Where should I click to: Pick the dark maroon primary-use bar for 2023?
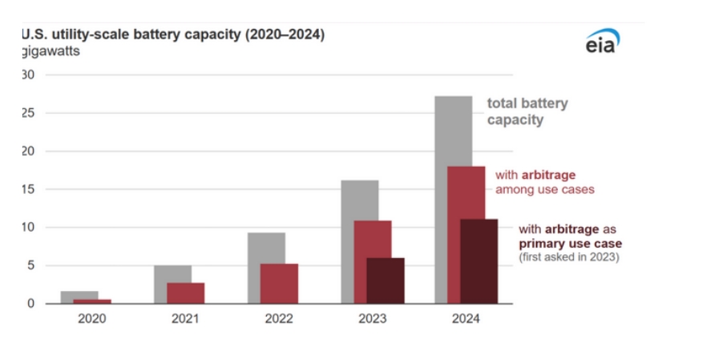click(x=386, y=281)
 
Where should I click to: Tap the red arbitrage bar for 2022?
click(x=279, y=284)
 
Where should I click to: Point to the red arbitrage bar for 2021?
click(x=185, y=293)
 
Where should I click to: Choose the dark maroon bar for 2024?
click(x=479, y=261)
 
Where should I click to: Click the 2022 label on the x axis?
click(x=278, y=318)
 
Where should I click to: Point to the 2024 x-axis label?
click(x=466, y=318)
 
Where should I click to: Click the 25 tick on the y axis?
click(x=29, y=113)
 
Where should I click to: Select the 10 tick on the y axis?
click(x=29, y=228)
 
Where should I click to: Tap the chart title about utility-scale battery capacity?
click(x=172, y=35)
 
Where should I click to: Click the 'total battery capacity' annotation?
click(x=527, y=112)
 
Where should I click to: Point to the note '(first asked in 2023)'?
click(x=569, y=257)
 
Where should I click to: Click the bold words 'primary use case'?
click(x=570, y=243)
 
